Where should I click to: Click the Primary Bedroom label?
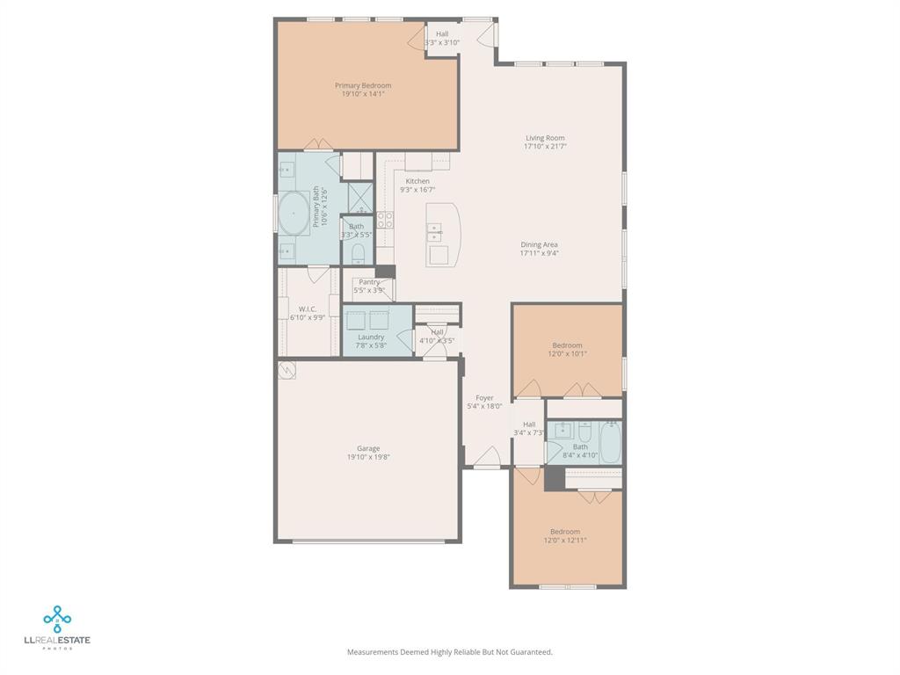[363, 85]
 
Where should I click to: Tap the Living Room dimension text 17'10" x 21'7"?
[545, 147]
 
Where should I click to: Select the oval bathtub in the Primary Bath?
[294, 213]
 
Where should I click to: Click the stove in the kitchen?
[385, 220]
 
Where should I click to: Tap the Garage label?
[368, 448]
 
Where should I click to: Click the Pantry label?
[370, 282]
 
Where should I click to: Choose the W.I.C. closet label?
[308, 308]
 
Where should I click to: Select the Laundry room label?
[371, 337]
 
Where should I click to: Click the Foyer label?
[484, 397]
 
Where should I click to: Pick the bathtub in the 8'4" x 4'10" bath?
[610, 441]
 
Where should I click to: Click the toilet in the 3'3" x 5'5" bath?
[358, 254]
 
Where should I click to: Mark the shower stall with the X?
[360, 197]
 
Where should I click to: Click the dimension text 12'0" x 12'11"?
[565, 541]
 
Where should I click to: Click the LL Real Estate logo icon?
[57, 619]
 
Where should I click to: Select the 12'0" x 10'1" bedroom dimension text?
[567, 354]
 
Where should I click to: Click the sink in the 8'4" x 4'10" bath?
[562, 431]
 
